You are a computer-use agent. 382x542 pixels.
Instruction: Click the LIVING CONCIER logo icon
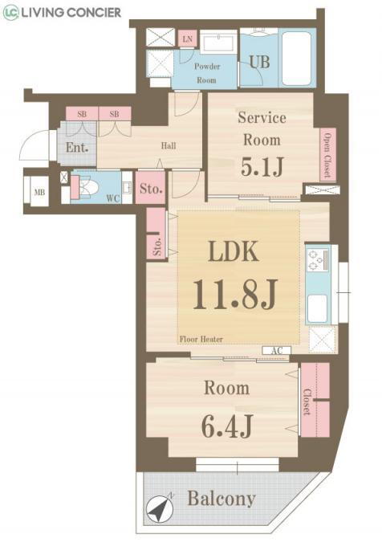pos(10,13)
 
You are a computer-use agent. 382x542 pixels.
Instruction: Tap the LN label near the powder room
pos(188,39)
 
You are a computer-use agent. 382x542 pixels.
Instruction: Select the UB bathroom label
pos(259,62)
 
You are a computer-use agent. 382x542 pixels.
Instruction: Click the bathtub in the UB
pos(298,57)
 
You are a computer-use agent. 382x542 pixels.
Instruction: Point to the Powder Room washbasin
pos(218,43)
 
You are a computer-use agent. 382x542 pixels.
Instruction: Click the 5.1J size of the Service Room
pos(262,166)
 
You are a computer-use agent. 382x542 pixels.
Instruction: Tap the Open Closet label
pos(327,154)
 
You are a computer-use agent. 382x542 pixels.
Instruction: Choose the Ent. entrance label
pos(77,148)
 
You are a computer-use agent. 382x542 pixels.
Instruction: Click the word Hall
pos(169,145)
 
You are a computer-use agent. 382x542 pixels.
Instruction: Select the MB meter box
pos(39,192)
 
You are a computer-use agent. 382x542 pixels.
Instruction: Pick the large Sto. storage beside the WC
pos(151,188)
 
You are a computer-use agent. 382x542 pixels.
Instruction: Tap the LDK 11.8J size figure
pos(235,295)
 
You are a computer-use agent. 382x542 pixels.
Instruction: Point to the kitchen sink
pos(317,308)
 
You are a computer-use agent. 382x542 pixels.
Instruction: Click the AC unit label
pos(276,351)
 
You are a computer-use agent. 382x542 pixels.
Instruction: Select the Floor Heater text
pos(201,339)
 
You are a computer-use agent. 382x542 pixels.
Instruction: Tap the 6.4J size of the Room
pos(227,426)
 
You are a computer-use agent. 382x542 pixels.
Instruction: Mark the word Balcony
pos(221,499)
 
